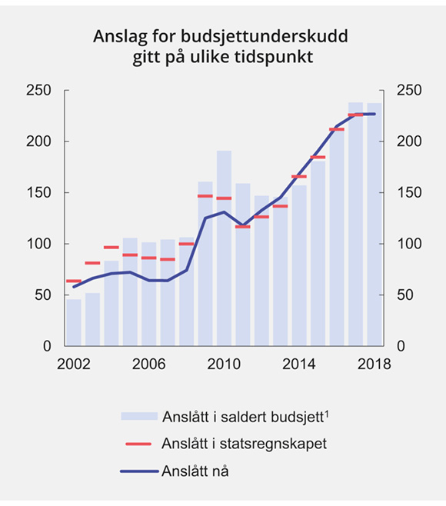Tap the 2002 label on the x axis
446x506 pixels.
pyautogui.click(x=74, y=364)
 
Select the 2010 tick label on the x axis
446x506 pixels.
pyautogui.click(x=224, y=364)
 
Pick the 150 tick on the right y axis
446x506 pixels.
pyautogui.click(x=405, y=193)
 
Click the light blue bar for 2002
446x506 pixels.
pyautogui.click(x=74, y=323)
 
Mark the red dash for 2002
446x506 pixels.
pyautogui.click(x=74, y=281)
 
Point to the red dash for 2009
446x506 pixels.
pyautogui.click(x=205, y=196)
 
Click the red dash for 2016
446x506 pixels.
pyautogui.click(x=337, y=129)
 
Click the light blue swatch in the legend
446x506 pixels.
pyautogui.click(x=138, y=416)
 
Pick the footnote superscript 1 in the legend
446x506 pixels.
pyautogui.click(x=328, y=412)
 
